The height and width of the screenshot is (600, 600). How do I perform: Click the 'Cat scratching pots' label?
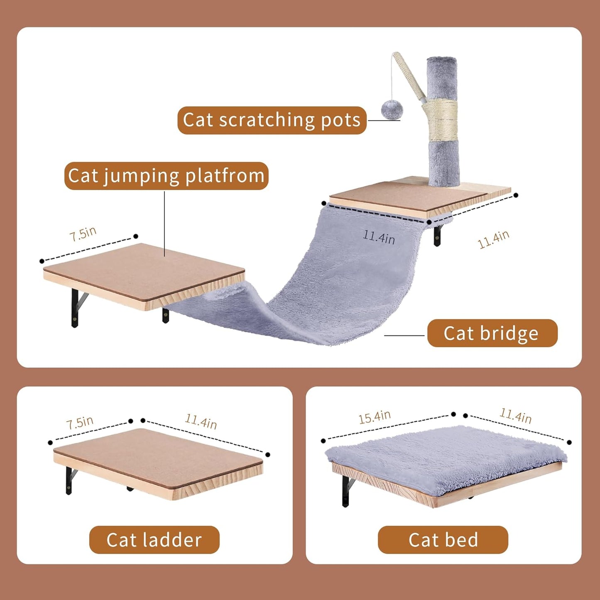[272, 120]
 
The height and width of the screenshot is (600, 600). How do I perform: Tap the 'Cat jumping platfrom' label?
[166, 176]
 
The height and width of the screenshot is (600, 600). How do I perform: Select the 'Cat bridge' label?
[492, 333]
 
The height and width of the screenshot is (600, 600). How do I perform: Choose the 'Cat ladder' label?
[154, 540]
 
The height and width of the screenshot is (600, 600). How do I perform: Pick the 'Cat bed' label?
[443, 540]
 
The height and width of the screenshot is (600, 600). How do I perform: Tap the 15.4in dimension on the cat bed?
[375, 417]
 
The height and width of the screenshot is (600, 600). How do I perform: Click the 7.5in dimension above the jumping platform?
[83, 234]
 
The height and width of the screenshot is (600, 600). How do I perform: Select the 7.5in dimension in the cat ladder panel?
[80, 423]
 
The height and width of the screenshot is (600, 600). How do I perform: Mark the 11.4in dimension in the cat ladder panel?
[201, 421]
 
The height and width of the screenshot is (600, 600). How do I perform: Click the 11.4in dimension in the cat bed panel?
[515, 416]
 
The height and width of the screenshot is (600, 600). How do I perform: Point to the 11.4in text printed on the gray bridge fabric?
[379, 237]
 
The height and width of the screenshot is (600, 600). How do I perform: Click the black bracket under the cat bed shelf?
[346, 491]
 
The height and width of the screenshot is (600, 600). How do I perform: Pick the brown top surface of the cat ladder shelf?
[158, 457]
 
